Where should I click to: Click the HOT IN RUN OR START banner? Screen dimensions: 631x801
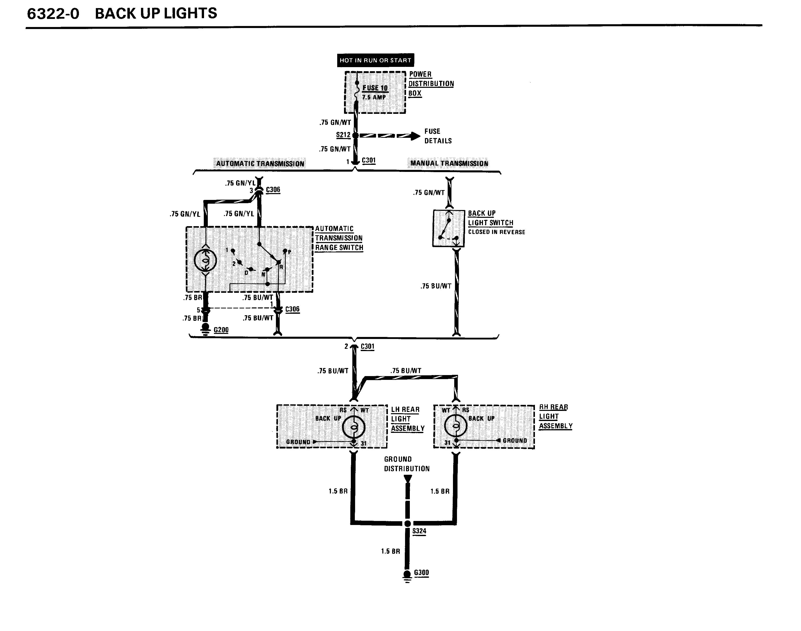(375, 60)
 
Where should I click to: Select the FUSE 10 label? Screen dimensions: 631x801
(375, 88)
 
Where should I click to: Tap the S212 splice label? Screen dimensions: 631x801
(343, 135)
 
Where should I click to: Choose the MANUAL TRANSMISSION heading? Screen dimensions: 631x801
(449, 163)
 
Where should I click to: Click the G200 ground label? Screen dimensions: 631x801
(221, 330)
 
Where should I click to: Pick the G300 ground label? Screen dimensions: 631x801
(421, 573)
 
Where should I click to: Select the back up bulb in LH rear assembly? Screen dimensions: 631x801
(354, 428)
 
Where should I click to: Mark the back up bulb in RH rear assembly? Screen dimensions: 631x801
(456, 426)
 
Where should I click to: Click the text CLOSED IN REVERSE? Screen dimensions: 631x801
(497, 232)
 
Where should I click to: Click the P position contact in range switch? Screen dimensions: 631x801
(285, 251)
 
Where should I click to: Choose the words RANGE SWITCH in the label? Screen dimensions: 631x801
(339, 248)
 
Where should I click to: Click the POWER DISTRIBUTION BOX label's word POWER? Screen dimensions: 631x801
(420, 74)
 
